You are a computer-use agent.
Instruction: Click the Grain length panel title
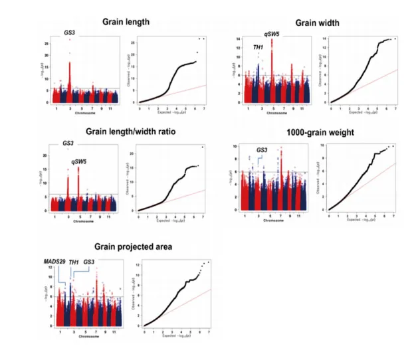click(x=126, y=22)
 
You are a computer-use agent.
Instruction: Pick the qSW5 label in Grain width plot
click(x=271, y=32)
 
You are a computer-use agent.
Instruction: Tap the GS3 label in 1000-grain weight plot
click(x=262, y=150)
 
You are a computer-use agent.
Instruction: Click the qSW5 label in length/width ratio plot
click(x=82, y=160)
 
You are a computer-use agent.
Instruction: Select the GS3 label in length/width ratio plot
click(x=68, y=143)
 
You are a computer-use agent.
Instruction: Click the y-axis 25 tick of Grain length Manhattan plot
click(x=45, y=44)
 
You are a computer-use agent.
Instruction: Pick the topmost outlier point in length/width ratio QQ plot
click(x=202, y=146)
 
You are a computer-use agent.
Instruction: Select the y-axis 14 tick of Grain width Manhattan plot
click(x=238, y=39)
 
